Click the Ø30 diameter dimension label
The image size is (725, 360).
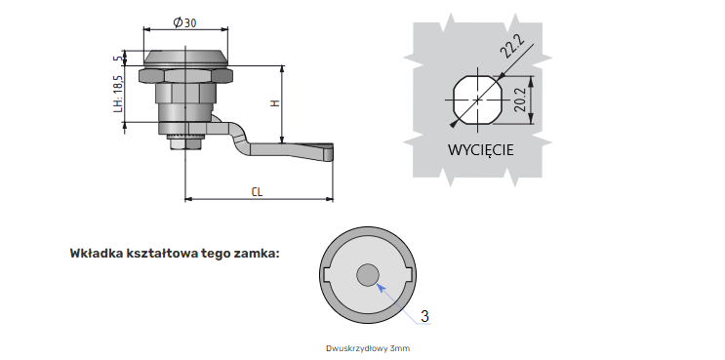[x=184, y=22]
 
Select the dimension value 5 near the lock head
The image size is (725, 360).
[x=119, y=59]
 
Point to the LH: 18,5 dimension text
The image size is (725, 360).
[x=119, y=94]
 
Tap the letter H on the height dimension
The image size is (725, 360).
[x=275, y=103]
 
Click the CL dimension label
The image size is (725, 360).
[x=257, y=192]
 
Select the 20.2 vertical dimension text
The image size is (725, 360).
[x=520, y=100]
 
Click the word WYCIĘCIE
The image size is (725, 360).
[x=480, y=150]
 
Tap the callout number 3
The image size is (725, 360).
[x=424, y=316]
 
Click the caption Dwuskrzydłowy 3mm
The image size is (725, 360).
[x=368, y=348]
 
